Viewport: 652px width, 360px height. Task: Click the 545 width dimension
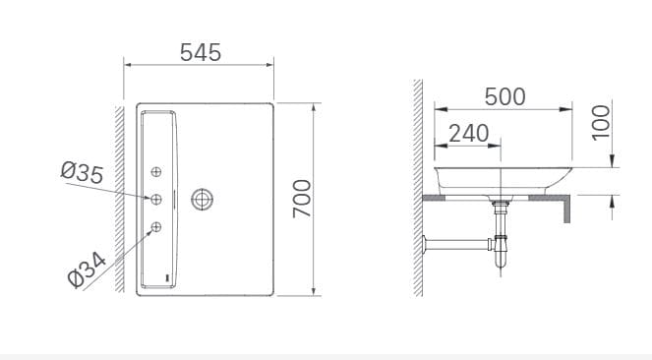(x=200, y=52)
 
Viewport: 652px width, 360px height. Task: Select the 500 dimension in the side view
(x=504, y=96)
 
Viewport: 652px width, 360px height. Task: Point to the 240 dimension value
(x=468, y=132)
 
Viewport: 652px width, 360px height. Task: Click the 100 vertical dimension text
(x=601, y=122)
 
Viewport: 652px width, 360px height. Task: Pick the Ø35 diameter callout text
(x=82, y=172)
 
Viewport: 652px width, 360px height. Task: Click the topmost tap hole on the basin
(x=155, y=172)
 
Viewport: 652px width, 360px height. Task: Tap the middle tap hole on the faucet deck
(x=155, y=200)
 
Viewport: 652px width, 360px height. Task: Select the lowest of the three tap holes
(x=155, y=228)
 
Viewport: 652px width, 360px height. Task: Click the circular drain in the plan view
(x=204, y=200)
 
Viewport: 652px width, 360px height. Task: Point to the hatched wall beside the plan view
(x=118, y=197)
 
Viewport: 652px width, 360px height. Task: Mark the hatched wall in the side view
(x=418, y=187)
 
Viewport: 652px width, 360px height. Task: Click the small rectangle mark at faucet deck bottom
(x=167, y=278)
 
